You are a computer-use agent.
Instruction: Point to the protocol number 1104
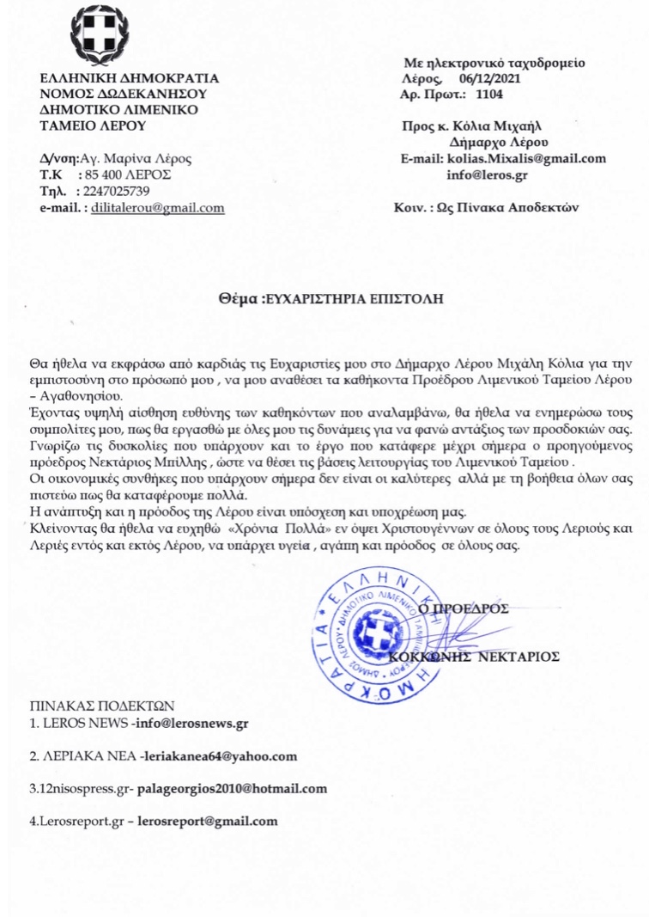point(490,93)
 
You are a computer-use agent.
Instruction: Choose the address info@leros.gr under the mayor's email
point(486,174)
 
